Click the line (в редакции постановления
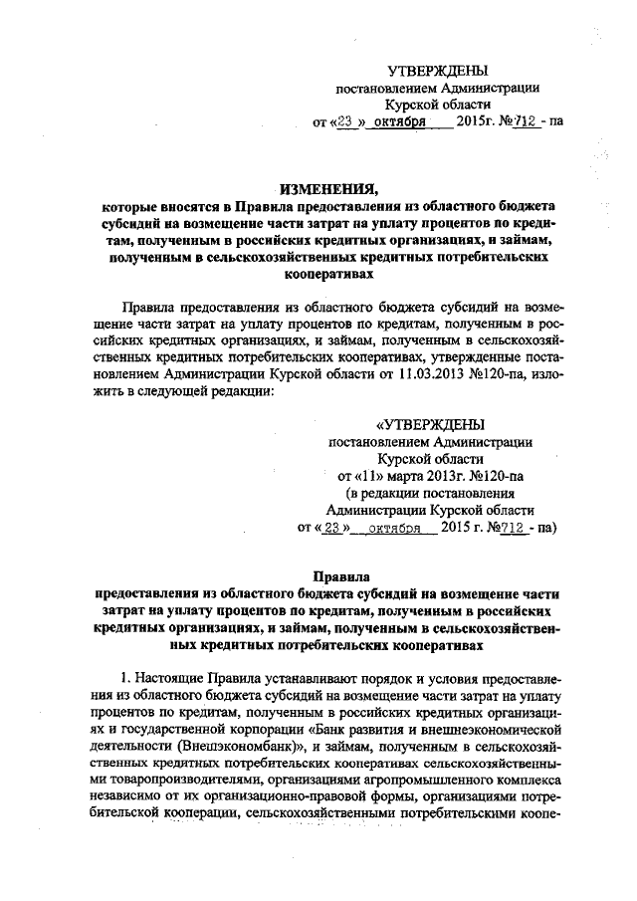pyautogui.click(x=430, y=492)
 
